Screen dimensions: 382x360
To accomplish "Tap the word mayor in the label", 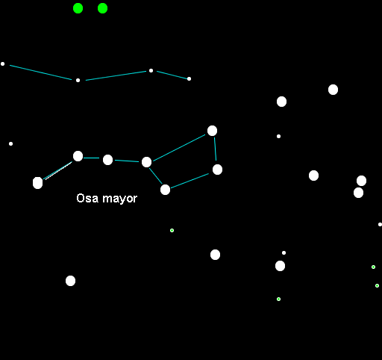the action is click(120, 199).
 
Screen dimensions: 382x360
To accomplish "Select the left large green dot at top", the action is click(78, 8).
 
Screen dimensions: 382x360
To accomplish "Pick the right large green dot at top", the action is click(102, 8).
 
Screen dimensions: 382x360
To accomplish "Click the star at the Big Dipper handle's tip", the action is click(37, 183).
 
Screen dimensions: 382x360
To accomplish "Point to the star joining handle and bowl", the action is click(146, 162).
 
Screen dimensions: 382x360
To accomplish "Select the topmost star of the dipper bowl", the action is click(212, 131).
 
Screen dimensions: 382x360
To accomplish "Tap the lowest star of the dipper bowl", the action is click(165, 190).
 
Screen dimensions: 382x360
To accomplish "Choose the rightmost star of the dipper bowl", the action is click(217, 170).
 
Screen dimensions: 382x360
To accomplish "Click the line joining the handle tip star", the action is click(57, 171).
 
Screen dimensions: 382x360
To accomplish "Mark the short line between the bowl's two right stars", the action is click(215, 149).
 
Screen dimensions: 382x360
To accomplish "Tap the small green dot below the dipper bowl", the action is click(172, 230).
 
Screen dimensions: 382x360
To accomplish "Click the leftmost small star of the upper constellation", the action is click(2, 64).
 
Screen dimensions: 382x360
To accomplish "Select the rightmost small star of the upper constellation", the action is click(189, 79).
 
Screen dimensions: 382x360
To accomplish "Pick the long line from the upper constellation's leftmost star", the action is click(40, 72).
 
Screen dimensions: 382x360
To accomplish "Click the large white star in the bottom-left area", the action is click(70, 281).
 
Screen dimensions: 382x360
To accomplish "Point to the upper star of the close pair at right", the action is click(361, 181).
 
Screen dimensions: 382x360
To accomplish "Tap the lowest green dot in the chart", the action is click(278, 299).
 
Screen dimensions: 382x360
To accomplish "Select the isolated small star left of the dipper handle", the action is click(10, 143).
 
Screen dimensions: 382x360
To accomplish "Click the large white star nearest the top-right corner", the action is click(333, 90).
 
